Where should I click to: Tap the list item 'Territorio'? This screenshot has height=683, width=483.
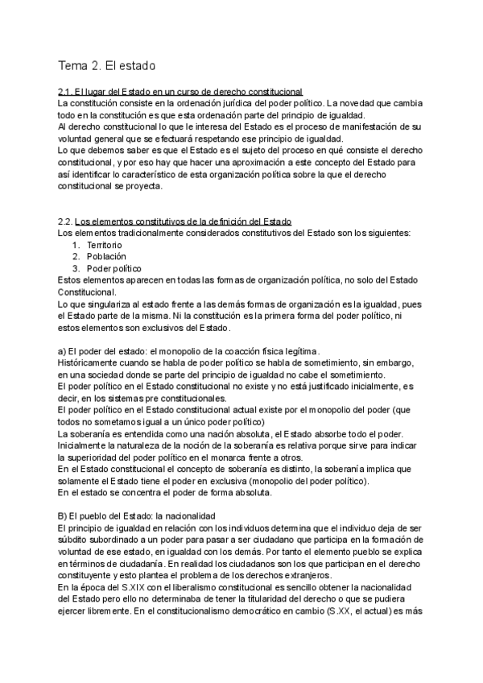tap(105, 244)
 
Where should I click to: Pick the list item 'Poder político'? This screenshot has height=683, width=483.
tap(114, 267)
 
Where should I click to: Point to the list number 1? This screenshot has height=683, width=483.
tap(75, 244)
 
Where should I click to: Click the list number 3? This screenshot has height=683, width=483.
tap(75, 267)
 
